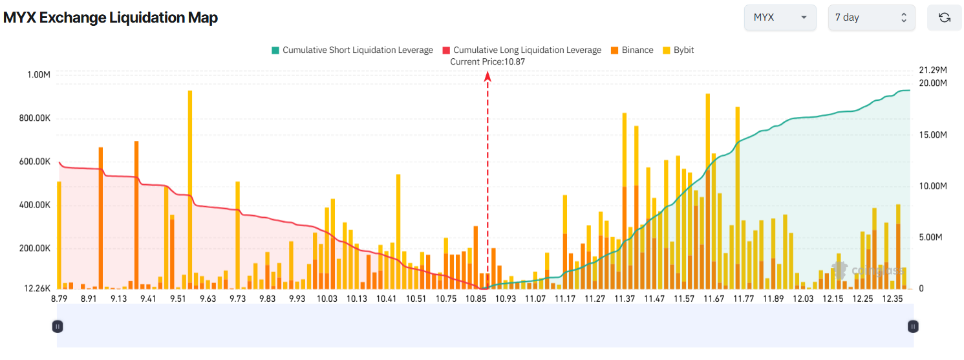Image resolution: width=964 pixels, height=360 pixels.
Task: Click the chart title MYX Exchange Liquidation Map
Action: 111,18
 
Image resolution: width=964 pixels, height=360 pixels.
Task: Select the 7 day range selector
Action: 871,17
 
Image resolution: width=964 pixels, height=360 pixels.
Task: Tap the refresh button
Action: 944,17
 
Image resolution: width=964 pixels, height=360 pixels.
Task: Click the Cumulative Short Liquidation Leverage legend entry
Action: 352,50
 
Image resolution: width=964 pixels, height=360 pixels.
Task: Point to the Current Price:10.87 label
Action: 487,61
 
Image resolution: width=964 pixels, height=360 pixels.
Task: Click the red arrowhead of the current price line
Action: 487,77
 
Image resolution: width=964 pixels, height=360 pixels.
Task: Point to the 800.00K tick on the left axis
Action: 30,118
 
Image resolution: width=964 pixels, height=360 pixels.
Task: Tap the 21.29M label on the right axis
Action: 933,69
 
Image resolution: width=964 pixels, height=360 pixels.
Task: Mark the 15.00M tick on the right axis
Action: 933,134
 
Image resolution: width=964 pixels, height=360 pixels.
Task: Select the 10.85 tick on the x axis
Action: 476,299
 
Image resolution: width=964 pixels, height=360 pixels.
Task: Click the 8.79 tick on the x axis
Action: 59,299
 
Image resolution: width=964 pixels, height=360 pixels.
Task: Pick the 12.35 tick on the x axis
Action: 892,299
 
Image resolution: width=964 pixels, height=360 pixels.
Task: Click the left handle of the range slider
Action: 58,326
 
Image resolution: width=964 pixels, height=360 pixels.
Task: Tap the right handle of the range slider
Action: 913,326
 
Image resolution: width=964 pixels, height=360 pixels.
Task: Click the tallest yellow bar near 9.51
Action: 189,187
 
